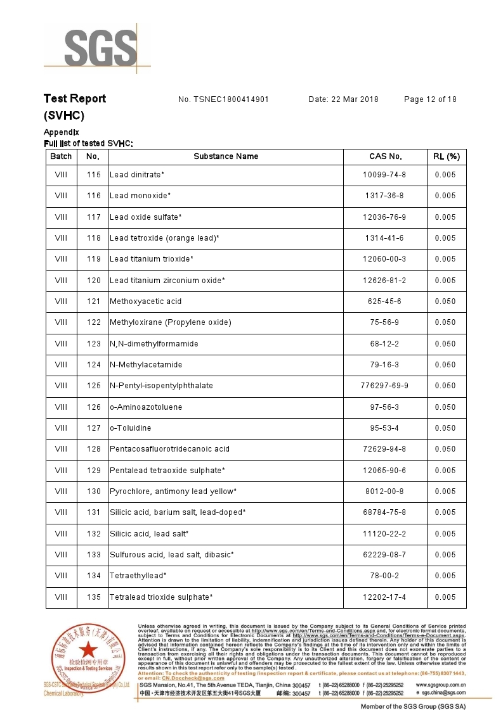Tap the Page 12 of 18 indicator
pos(430,99)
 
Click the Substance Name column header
pos(226,156)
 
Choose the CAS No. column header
pos(385,156)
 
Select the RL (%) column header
pos(446,156)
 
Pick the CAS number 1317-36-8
pos(384,196)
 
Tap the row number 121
pos(93,301)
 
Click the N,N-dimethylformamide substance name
pos(154,344)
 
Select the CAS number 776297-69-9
pos(384,386)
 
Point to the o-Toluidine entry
pos(131,428)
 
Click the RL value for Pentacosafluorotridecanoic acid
pos(445,449)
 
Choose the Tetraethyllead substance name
pos(138,576)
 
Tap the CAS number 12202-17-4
pos(384,597)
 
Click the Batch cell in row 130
pos(61,491)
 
